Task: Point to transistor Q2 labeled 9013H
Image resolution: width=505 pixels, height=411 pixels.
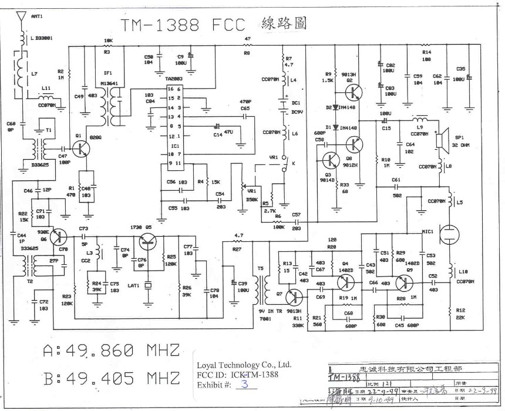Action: coord(353,91)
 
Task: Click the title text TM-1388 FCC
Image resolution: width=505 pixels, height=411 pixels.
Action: coord(185,25)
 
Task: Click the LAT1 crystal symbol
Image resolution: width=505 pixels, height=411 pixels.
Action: coord(148,286)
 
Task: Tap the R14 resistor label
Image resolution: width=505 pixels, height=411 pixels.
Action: coord(426,52)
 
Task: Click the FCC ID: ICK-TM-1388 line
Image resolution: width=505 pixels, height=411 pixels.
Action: coord(235,374)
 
